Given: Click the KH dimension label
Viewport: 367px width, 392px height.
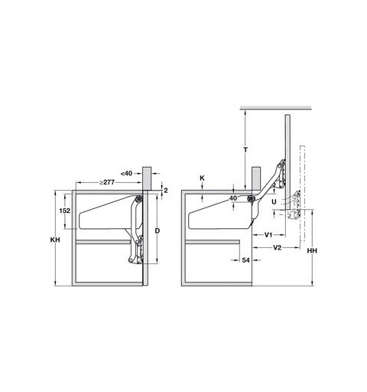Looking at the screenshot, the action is (55, 240).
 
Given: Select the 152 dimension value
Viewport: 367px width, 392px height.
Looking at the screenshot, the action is (64, 211).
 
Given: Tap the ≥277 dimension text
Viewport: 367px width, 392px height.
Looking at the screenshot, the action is (107, 182).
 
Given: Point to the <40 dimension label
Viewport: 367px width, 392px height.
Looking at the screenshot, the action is (126, 174).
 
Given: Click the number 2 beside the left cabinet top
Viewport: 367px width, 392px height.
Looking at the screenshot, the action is (166, 190).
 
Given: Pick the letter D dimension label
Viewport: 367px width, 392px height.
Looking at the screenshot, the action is (158, 230).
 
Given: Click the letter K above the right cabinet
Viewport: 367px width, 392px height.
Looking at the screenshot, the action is (202, 178).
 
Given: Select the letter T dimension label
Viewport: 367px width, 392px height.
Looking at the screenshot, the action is (245, 150).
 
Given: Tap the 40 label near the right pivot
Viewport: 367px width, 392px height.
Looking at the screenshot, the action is (233, 198).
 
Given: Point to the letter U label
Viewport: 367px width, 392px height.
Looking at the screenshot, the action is (274, 202).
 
